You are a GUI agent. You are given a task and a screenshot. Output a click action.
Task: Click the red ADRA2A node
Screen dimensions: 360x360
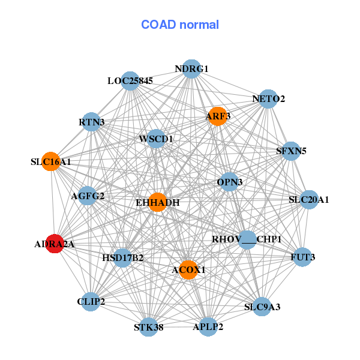pyautogui.click(x=55, y=244)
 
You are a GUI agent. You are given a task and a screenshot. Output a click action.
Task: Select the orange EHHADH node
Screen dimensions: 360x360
pyautogui.click(x=157, y=202)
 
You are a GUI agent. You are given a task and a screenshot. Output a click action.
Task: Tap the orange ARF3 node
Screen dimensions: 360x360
pyautogui.click(x=217, y=116)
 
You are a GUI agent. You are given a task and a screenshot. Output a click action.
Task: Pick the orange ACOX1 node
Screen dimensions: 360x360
pyautogui.click(x=188, y=270)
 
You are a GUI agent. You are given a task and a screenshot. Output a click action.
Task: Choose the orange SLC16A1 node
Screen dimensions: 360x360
pyautogui.click(x=51, y=161)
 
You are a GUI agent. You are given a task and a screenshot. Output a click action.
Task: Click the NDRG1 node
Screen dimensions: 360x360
pyautogui.click(x=191, y=69)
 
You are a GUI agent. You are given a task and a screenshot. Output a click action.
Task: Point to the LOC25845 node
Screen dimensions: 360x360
pyautogui.click(x=130, y=81)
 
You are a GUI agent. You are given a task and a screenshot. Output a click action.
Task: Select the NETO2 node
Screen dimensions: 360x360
pyautogui.click(x=268, y=99)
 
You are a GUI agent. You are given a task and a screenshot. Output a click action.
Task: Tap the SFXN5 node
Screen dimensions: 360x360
pyautogui.click(x=291, y=151)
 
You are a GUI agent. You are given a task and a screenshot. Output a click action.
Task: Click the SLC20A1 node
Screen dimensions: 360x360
pyautogui.click(x=309, y=200)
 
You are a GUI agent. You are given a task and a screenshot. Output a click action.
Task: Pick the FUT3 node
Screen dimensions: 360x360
pyautogui.click(x=302, y=257)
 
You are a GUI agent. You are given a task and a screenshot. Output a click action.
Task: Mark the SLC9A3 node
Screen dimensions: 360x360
pyautogui.click(x=262, y=307)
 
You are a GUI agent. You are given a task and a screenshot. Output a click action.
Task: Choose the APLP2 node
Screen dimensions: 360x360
pyautogui.click(x=208, y=327)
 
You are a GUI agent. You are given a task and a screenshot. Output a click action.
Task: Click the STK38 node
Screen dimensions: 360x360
pyautogui.click(x=149, y=327)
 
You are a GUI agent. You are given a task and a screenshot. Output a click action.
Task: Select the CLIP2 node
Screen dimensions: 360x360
pyautogui.click(x=91, y=302)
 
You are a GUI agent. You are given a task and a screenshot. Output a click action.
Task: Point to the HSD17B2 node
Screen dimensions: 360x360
pyautogui.click(x=123, y=258)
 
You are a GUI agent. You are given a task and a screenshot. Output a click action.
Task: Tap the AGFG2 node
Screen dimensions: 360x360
pyautogui.click(x=88, y=196)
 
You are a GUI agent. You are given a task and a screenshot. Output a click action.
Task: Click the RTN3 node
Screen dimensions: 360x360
pyautogui.click(x=91, y=122)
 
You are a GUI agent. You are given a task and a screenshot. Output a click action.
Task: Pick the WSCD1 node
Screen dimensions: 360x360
pyautogui.click(x=156, y=139)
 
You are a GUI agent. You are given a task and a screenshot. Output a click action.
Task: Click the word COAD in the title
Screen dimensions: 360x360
pyautogui.click(x=158, y=25)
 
